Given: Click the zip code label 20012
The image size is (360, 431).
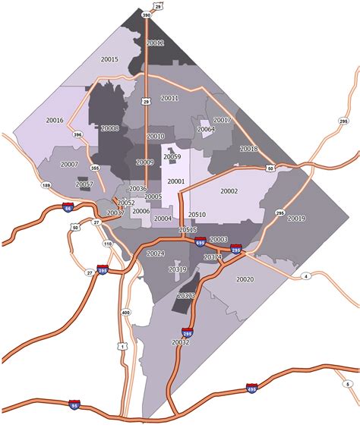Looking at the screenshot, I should [x=155, y=43].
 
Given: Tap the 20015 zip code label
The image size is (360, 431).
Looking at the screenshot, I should [x=109, y=59].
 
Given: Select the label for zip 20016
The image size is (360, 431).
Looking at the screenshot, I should [x=55, y=120].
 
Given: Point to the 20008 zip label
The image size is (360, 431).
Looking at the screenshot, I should [x=109, y=129].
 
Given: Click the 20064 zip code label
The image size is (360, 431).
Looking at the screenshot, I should [x=206, y=129].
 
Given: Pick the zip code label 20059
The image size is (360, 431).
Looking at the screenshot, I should [x=172, y=157].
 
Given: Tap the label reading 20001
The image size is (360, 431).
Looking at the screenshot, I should [x=176, y=181].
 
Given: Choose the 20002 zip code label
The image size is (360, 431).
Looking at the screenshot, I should [x=229, y=191].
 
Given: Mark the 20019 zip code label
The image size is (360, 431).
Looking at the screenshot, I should [x=296, y=219].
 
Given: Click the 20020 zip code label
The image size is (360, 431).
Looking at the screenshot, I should [x=245, y=279].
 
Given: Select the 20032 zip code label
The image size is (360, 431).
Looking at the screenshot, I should [x=181, y=343].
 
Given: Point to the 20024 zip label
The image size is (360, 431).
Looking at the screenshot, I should [x=155, y=253].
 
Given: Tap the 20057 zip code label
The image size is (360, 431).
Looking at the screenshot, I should [x=84, y=184].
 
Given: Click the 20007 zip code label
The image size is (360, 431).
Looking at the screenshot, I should [x=70, y=164].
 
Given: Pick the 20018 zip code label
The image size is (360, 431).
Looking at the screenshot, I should [x=248, y=149].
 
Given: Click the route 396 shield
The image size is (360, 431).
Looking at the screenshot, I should [x=77, y=135].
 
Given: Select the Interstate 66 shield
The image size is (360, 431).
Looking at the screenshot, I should [x=68, y=206].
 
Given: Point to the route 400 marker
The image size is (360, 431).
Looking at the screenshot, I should [x=125, y=313].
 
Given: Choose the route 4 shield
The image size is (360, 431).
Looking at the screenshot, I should [x=305, y=276].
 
